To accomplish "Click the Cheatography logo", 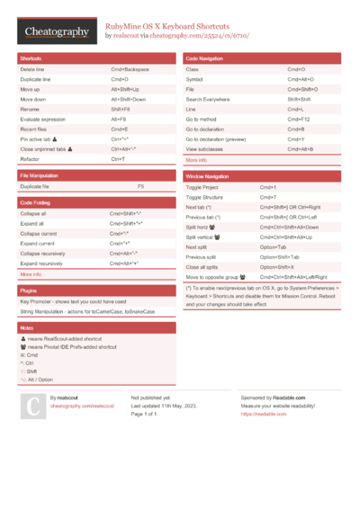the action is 57,32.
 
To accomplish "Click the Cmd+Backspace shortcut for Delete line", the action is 130,69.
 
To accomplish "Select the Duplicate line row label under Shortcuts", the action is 36,79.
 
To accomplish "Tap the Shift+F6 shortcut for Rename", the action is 121,108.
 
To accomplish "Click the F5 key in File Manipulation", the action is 140,186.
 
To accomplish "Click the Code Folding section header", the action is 35,203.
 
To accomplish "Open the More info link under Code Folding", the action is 31,274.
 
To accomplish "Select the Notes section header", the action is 27,328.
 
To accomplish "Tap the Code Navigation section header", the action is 205,58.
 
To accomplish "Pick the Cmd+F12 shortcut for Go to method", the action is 298,119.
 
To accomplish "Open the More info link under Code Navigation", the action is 196,160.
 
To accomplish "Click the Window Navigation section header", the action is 208,177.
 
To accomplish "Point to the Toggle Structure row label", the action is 204,197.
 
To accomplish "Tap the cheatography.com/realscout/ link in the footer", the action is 83,406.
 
